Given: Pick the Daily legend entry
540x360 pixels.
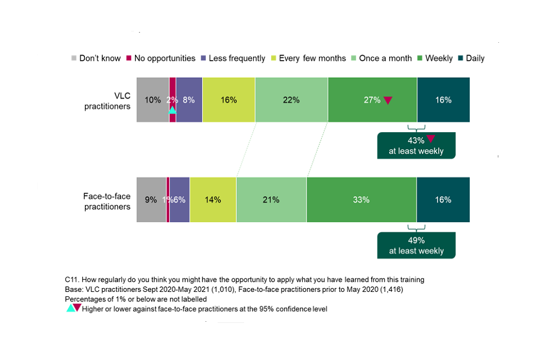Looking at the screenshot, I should pyautogui.click(x=470, y=58).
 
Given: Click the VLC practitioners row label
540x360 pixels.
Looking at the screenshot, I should pyautogui.click(x=107, y=101).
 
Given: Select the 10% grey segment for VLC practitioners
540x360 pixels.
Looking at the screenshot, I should pyautogui.click(x=152, y=100).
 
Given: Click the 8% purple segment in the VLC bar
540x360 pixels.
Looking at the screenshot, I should pyautogui.click(x=189, y=100).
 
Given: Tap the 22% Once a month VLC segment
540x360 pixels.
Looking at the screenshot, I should pyautogui.click(x=291, y=100).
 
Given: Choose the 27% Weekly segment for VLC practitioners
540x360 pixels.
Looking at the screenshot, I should pyautogui.click(x=372, y=100).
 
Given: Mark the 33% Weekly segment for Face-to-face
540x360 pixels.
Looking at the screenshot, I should pyautogui.click(x=361, y=200).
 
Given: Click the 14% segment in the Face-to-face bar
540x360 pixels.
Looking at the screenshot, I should pyautogui.click(x=213, y=200).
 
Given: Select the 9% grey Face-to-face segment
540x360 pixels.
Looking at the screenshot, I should pyautogui.click(x=151, y=200).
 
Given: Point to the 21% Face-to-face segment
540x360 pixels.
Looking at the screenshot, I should pyautogui.click(x=271, y=200).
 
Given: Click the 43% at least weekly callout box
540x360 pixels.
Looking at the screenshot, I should pyautogui.click(x=416, y=145).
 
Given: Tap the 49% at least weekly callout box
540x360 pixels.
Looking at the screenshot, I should pyautogui.click(x=416, y=245).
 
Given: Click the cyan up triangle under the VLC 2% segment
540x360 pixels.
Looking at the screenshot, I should pyautogui.click(x=172, y=110).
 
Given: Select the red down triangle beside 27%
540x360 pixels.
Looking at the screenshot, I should pyautogui.click(x=388, y=100).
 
